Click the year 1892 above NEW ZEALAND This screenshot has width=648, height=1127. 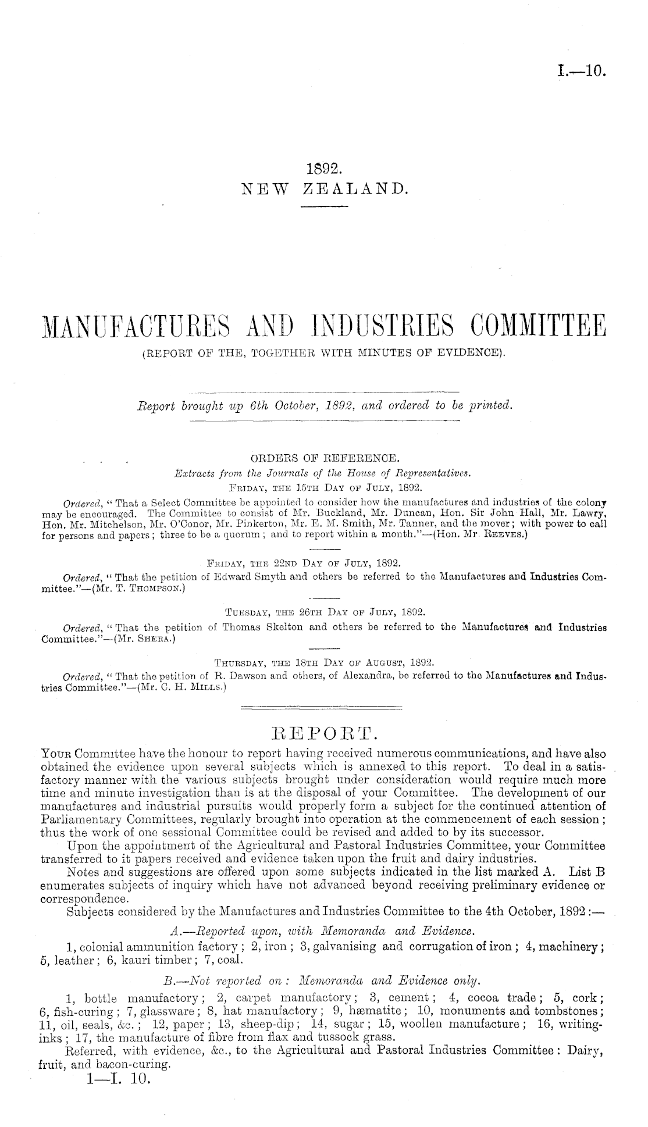pyautogui.click(x=323, y=169)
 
